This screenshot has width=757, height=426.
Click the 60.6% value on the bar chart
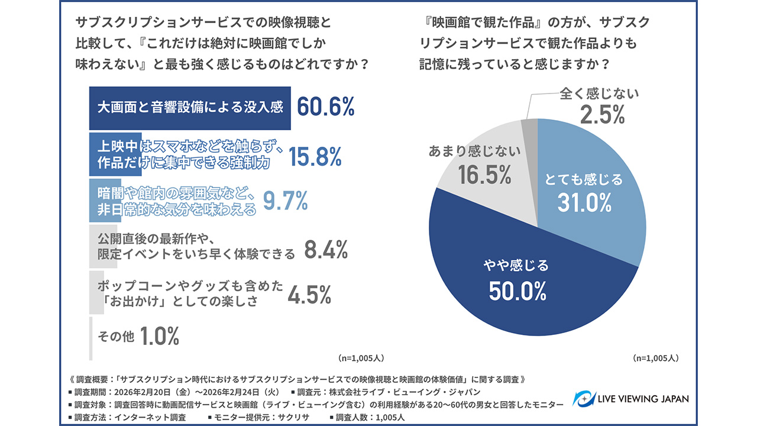(325, 107)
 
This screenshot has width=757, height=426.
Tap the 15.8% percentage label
(315, 156)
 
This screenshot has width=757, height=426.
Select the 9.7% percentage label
(286, 202)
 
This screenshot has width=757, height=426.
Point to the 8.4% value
(325, 250)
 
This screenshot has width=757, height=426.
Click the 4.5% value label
(309, 295)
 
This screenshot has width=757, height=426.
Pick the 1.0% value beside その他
(159, 336)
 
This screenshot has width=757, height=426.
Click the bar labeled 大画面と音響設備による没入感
(190, 108)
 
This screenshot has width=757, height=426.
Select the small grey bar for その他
(90, 338)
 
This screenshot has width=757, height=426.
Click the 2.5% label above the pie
(602, 115)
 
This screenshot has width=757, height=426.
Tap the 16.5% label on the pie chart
(484, 175)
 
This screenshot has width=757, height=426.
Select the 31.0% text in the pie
(584, 203)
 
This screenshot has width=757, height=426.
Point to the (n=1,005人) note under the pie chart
(655, 358)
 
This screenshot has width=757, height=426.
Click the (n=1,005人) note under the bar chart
(361, 358)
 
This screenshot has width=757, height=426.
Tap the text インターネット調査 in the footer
(157, 417)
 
